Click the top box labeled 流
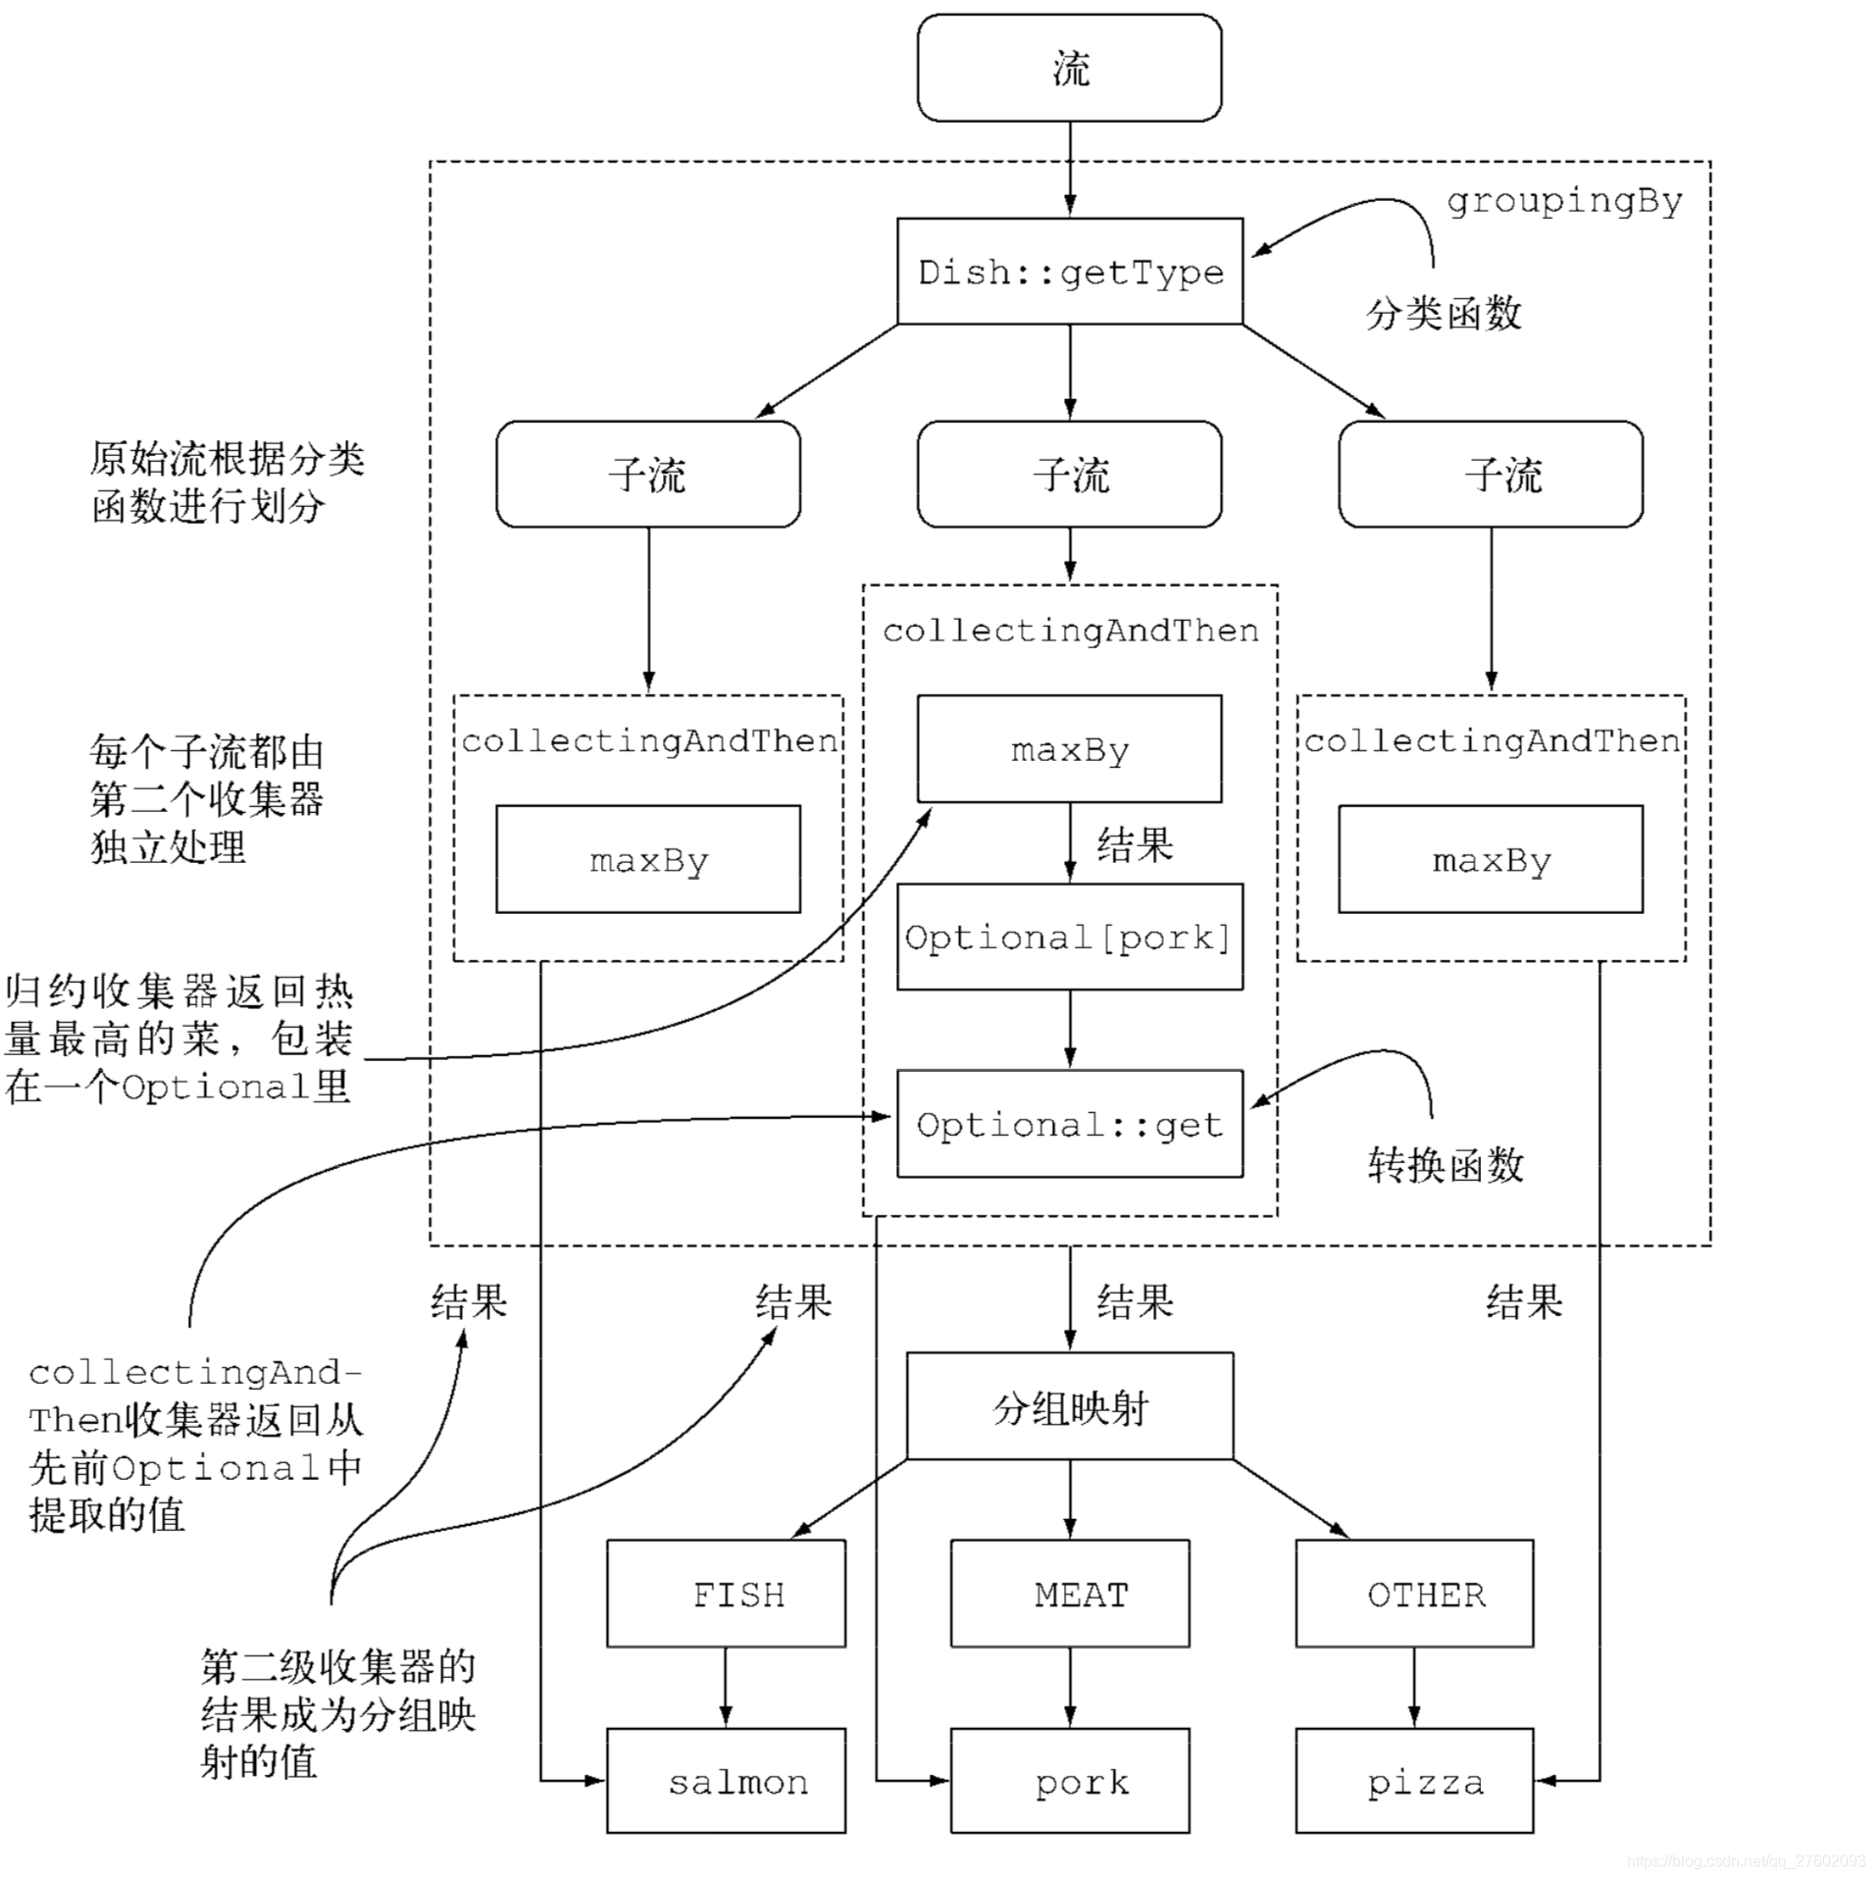(x=1069, y=68)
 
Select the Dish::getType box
(x=1069, y=272)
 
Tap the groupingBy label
(x=1563, y=201)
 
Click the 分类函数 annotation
(x=1443, y=314)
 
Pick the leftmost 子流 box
(x=647, y=475)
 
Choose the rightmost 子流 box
(x=1490, y=475)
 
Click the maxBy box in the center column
(x=1069, y=749)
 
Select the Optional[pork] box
(x=1069, y=938)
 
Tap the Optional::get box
(x=1069, y=1124)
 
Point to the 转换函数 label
(x=1444, y=1165)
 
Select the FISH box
(x=726, y=1595)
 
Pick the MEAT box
(x=1069, y=1595)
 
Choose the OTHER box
(x=1414, y=1595)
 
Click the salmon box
(x=726, y=1781)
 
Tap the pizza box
(x=1414, y=1781)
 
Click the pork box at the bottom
(x=1069, y=1781)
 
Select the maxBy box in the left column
(x=647, y=860)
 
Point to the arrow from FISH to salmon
(x=726, y=1687)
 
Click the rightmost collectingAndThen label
(x=1491, y=741)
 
